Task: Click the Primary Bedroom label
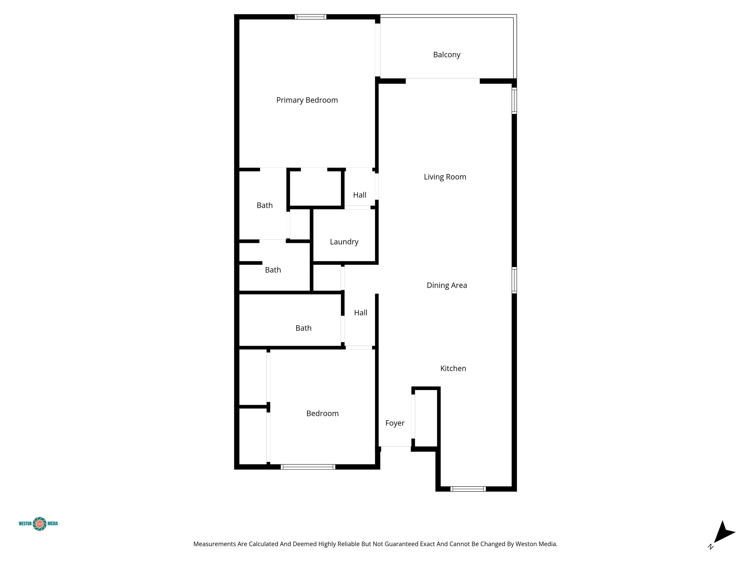(x=307, y=100)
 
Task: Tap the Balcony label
(x=446, y=55)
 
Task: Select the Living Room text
(x=445, y=177)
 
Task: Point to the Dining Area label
(x=447, y=285)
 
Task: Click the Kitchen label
(x=453, y=368)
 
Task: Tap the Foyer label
(x=395, y=423)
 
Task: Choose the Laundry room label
(x=344, y=242)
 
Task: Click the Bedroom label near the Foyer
(x=322, y=413)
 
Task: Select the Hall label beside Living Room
(x=360, y=195)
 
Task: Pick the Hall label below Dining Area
(x=361, y=313)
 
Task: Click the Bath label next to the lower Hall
(x=303, y=328)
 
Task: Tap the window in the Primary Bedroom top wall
(x=310, y=17)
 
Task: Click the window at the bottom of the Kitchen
(x=468, y=489)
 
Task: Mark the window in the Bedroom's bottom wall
(x=308, y=467)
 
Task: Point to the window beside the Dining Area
(x=514, y=280)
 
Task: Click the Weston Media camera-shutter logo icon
(x=40, y=524)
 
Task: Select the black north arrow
(x=724, y=532)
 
